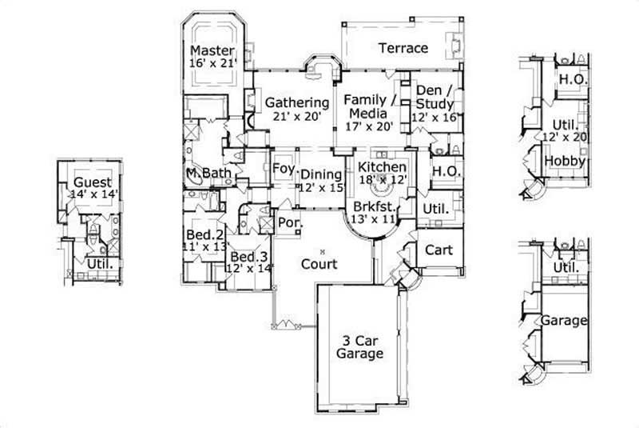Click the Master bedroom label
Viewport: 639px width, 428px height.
[212, 50]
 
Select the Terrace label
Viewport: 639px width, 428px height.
[403, 48]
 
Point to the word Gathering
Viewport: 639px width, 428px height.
[297, 102]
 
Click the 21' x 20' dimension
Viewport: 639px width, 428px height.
[297, 115]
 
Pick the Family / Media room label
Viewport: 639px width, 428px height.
[369, 107]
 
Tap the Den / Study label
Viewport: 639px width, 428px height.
[435, 98]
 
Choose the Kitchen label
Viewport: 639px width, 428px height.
[382, 166]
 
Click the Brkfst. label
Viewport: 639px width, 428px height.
[370, 206]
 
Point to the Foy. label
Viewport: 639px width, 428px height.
[282, 169]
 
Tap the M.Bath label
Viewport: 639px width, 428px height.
[203, 174]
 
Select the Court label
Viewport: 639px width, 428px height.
[319, 263]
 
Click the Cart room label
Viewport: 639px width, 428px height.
[439, 250]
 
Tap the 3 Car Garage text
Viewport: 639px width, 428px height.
[359, 346]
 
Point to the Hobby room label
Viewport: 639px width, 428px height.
[566, 161]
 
